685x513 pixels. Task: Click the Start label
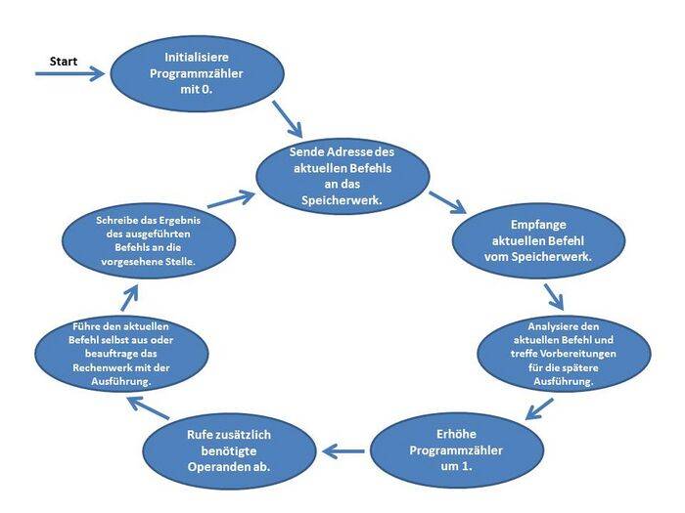pyautogui.click(x=64, y=61)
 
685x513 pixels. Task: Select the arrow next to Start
pyautogui.click(x=68, y=73)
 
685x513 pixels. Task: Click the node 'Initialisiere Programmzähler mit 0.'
pyautogui.click(x=197, y=74)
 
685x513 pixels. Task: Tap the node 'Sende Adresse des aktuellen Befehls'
pyautogui.click(x=342, y=176)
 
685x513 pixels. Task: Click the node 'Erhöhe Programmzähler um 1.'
pyautogui.click(x=457, y=449)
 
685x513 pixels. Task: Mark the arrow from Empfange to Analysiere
pyautogui.click(x=553, y=294)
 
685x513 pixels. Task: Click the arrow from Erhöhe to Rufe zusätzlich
pyautogui.click(x=343, y=451)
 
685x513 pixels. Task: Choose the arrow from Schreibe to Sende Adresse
pyautogui.click(x=231, y=198)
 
